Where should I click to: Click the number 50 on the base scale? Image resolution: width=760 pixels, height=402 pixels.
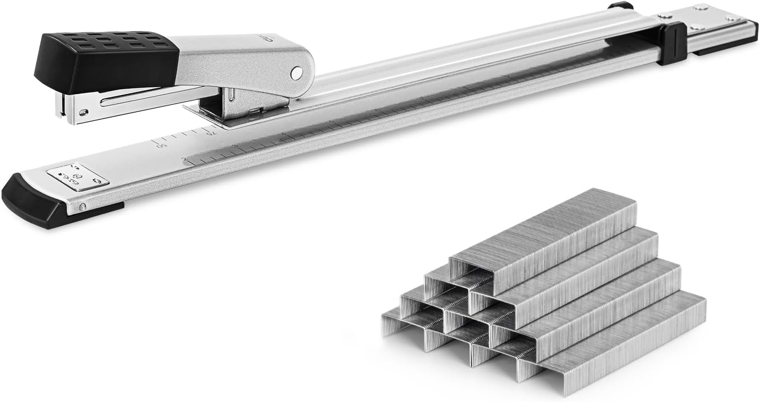click(163, 145)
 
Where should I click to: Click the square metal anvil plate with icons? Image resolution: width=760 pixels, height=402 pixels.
click(78, 177)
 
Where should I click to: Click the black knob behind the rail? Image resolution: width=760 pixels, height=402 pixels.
click(620, 6)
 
